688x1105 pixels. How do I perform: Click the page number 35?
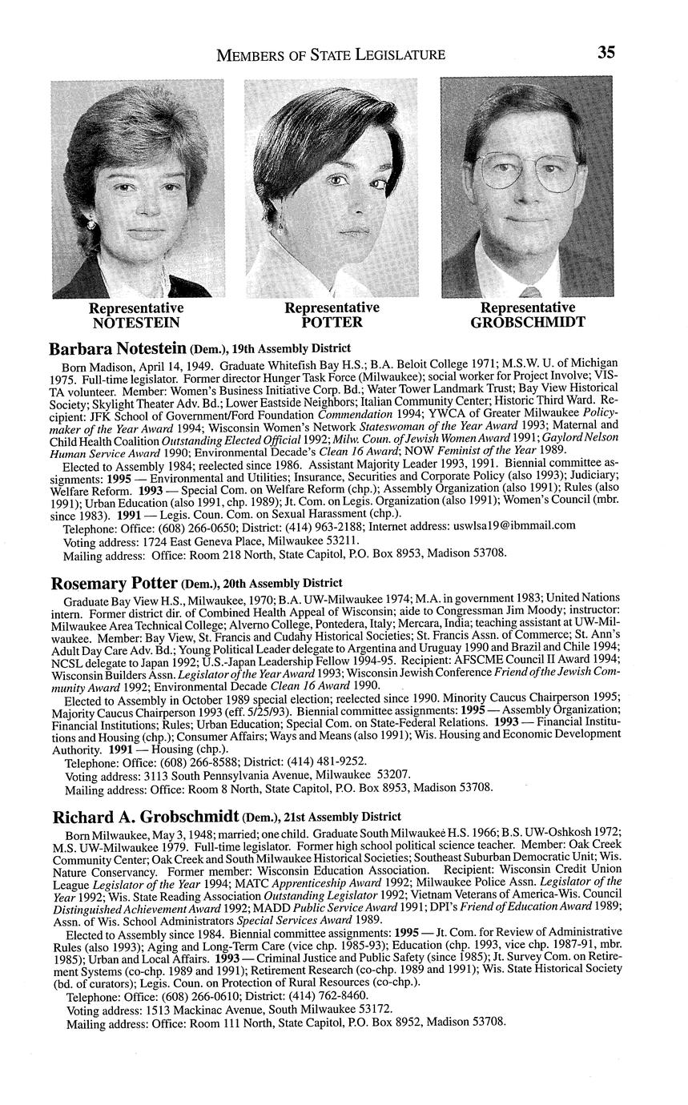606,54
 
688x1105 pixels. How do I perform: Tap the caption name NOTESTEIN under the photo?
136,323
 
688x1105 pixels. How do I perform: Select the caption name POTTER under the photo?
332,323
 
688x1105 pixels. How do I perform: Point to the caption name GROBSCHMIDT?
528,323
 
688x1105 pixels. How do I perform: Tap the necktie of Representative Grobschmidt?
530,292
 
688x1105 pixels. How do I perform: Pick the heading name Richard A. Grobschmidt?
145,818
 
